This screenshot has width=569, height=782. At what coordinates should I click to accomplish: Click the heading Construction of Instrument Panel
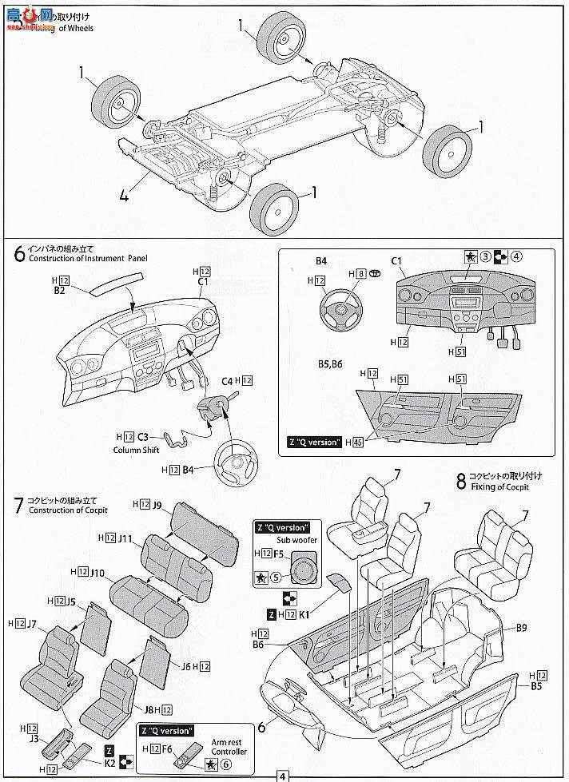(x=88, y=259)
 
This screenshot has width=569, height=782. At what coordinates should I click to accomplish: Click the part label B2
(x=60, y=292)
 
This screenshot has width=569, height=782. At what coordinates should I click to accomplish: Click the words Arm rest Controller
(x=228, y=746)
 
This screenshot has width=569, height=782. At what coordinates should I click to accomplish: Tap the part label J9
(x=158, y=505)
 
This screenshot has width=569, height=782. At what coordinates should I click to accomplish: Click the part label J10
(x=97, y=573)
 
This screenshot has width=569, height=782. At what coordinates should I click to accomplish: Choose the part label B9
(x=521, y=628)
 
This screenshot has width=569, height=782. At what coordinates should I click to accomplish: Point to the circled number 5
(x=275, y=578)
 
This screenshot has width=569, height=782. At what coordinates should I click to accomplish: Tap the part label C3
(x=143, y=437)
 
